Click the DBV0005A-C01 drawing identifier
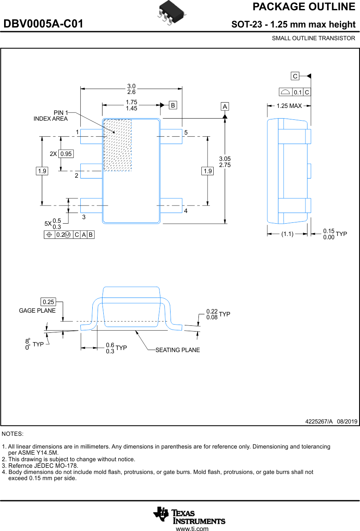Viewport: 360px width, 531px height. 43,24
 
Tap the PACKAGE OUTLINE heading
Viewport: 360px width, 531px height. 303,7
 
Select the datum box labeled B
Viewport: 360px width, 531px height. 173,105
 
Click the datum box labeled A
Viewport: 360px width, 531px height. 225,107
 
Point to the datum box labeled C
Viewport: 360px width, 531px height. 295,76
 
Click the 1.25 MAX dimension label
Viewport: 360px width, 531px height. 289,106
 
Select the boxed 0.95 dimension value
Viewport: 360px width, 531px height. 66,154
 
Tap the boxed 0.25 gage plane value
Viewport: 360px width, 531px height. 48,302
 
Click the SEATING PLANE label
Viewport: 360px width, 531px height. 178,350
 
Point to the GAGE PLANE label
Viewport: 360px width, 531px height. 37,311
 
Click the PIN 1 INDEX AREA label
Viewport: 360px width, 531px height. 51,116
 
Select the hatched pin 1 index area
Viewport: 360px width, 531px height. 118,145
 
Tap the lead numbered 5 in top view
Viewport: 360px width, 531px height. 171,136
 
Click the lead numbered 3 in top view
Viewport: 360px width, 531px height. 91,205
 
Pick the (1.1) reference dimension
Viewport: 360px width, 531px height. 287,234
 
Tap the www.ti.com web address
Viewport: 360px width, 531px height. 192,529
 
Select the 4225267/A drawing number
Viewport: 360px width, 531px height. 319,421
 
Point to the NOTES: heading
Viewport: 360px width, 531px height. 13,434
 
